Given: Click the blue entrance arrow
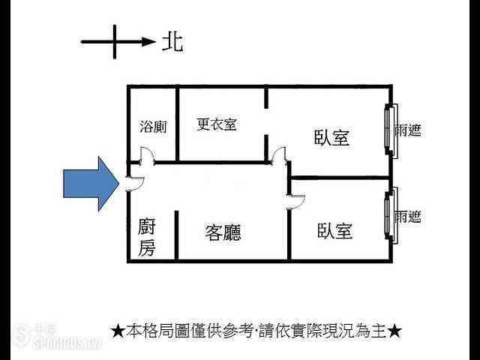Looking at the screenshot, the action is [x=91, y=184].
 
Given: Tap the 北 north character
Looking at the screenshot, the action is [x=172, y=42].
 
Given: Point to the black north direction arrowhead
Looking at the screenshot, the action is [x=148, y=42].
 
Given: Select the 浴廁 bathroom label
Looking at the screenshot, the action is [x=153, y=127].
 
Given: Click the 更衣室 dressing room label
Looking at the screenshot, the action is [x=217, y=124].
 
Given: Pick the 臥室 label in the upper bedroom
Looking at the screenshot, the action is [x=331, y=137].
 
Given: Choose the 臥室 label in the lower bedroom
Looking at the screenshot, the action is [x=334, y=230].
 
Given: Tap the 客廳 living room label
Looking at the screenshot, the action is [x=223, y=232].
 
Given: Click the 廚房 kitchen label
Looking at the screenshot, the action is [x=147, y=237].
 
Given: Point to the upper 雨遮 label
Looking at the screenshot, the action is [x=407, y=130].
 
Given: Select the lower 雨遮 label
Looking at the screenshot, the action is [x=407, y=217].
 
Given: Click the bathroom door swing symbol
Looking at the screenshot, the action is [x=148, y=154].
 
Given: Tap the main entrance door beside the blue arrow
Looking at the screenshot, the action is [x=135, y=184].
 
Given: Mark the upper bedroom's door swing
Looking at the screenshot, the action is [x=279, y=154].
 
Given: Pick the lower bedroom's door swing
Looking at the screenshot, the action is [x=296, y=202].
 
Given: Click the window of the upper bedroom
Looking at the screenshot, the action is [x=391, y=131].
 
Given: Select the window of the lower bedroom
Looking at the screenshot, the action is [x=391, y=215].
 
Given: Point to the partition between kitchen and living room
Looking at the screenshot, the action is [x=176, y=235].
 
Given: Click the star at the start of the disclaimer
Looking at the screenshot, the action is [x=118, y=331].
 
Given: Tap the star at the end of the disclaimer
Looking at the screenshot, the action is [x=394, y=331].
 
